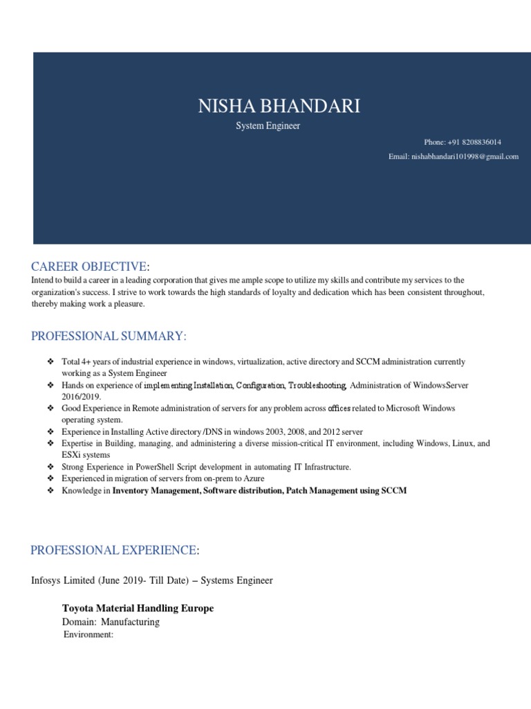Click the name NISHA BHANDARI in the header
pos(279,106)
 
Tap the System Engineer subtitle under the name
pos(268,127)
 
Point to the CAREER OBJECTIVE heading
pos(90,267)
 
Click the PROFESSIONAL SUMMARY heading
pos(109,336)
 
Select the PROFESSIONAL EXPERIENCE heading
pos(115,550)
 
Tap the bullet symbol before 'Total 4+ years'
pos(50,362)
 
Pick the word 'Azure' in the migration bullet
pos(253,478)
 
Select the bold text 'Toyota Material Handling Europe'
pos(138,608)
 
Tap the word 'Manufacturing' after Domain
pos(130,622)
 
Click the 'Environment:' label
pos(88,634)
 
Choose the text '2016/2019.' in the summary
pos(82,397)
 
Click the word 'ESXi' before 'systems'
pos(71,455)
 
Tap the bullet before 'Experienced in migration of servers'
pos(50,478)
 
